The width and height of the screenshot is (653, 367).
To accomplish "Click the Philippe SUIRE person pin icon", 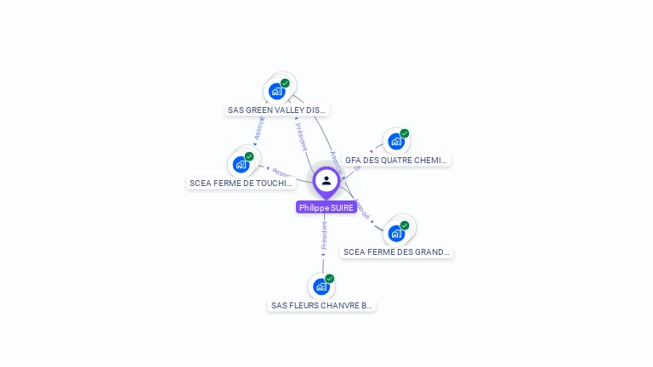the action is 326,181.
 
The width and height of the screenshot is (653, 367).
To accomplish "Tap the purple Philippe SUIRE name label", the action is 326,207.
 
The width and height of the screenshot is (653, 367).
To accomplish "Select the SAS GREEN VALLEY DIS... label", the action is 277,110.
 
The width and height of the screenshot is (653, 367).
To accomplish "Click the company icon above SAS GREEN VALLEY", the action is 276,91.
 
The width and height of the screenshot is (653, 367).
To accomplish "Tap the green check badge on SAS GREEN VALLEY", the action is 286,83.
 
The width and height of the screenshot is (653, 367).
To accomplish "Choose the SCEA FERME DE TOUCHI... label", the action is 241,183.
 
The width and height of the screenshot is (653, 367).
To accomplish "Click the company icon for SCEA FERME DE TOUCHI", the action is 241,164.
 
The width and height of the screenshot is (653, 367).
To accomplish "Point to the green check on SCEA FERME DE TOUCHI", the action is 250,156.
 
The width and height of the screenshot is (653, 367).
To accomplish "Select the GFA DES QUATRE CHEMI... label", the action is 396,160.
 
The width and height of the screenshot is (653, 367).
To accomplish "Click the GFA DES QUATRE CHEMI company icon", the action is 395,141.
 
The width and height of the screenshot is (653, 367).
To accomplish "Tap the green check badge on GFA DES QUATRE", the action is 405,133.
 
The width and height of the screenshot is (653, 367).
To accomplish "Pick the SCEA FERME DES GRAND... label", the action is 396,251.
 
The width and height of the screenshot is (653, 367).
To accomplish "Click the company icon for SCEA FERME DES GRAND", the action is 395,233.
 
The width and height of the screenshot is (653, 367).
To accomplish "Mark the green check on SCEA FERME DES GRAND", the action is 405,225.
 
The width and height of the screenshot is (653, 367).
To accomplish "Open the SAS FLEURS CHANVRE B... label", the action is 321,305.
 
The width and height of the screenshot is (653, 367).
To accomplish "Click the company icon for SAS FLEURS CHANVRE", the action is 321,286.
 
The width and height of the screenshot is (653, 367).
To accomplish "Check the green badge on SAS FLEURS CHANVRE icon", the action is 330,279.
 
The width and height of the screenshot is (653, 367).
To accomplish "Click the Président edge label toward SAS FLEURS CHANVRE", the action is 323,235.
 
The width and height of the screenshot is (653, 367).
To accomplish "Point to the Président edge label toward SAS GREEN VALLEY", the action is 302,136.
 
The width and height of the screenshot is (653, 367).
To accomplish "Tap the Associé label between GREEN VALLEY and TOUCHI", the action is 259,127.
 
